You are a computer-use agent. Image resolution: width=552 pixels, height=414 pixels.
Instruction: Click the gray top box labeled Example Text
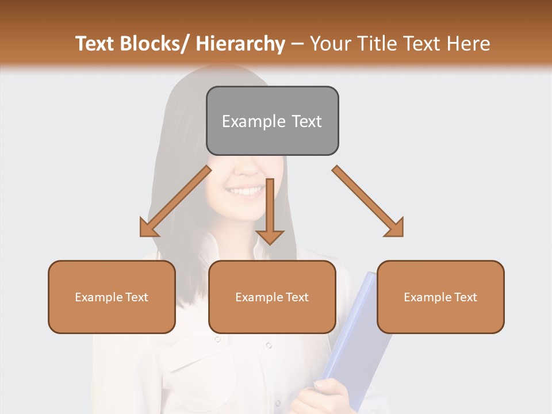(x=272, y=121)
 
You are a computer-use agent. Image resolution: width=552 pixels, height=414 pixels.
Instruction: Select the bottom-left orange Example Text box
(x=112, y=297)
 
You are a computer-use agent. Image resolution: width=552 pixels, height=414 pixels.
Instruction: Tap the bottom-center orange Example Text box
(x=272, y=297)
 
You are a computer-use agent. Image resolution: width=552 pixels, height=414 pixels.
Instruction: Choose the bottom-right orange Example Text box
(x=440, y=297)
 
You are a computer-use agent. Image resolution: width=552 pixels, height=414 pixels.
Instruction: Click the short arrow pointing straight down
(x=270, y=213)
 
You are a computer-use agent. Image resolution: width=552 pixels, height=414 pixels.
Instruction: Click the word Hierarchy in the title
(x=240, y=44)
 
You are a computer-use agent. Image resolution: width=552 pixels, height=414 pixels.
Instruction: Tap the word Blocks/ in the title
(x=155, y=44)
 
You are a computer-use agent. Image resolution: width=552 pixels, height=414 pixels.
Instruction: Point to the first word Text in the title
(x=95, y=44)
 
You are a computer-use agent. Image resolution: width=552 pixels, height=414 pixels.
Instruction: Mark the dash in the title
(x=297, y=44)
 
